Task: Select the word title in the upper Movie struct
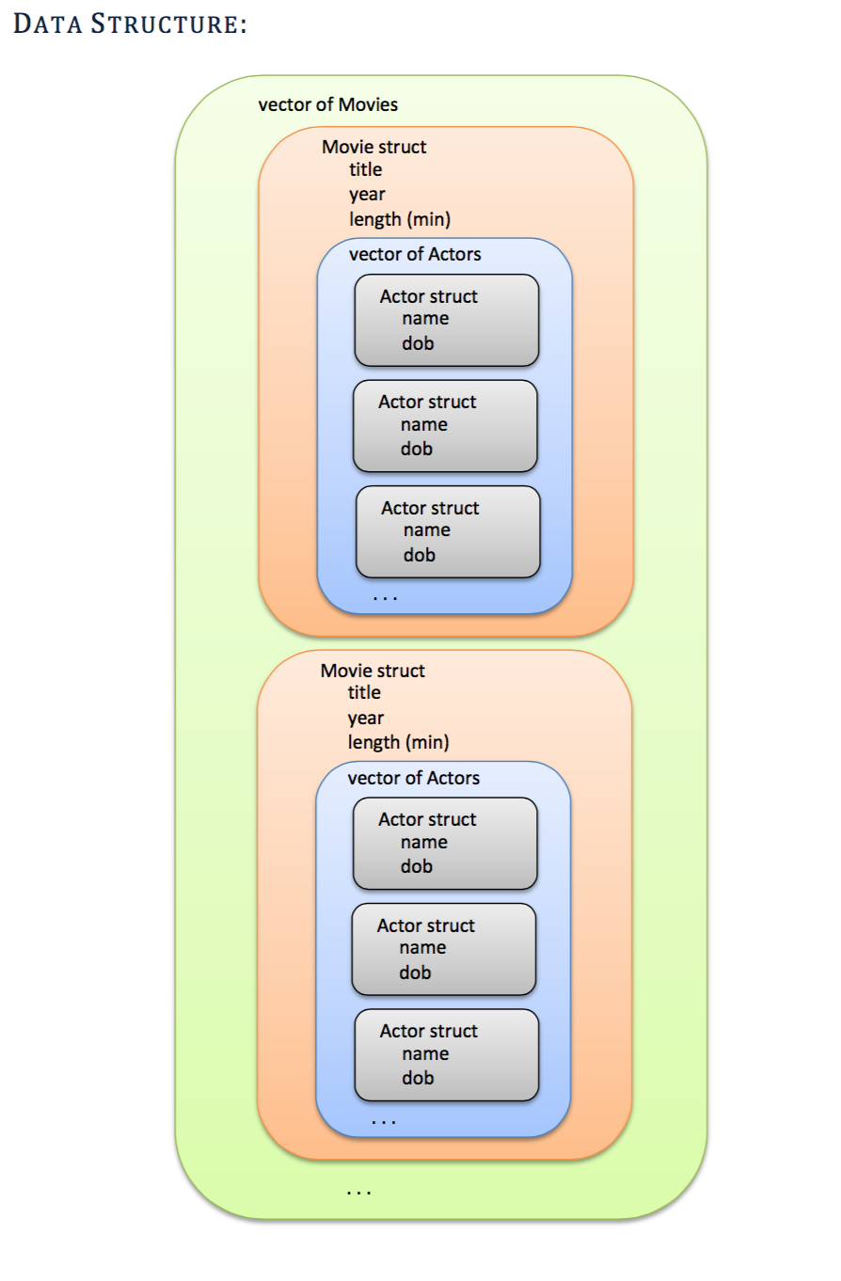(x=365, y=170)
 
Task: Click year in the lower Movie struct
(x=365, y=719)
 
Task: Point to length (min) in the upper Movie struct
(x=400, y=220)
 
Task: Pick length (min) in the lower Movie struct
(x=398, y=743)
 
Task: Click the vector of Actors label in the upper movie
(x=415, y=255)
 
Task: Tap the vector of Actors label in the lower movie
(x=413, y=779)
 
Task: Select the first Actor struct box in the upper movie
(x=446, y=320)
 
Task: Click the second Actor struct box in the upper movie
(x=445, y=425)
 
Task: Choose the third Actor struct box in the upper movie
(x=448, y=531)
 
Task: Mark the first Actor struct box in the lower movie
(x=445, y=843)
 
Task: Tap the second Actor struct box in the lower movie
(x=443, y=949)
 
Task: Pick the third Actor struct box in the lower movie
(x=446, y=1054)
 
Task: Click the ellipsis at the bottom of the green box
(x=358, y=1193)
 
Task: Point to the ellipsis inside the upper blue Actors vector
(x=385, y=597)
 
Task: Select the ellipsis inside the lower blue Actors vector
(x=383, y=1120)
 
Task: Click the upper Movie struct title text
(x=373, y=148)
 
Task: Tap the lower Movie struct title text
(x=373, y=672)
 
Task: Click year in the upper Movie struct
(x=367, y=195)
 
